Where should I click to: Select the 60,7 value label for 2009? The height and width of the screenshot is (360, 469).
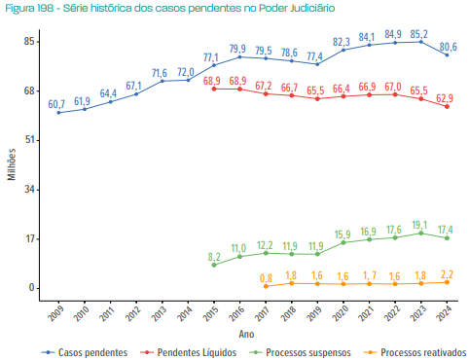[x=56, y=103]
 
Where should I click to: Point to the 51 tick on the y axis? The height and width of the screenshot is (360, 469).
[x=31, y=140]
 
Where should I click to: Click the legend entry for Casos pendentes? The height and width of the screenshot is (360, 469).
[x=85, y=351]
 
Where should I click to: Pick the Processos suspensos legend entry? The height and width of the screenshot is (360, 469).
[x=296, y=351]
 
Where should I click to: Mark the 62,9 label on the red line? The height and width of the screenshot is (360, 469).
[x=445, y=97]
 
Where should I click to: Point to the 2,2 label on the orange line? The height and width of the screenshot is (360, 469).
[x=446, y=272]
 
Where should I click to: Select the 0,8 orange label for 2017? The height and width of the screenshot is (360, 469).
[x=266, y=277]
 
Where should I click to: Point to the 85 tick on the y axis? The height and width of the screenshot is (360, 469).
[x=31, y=42]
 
